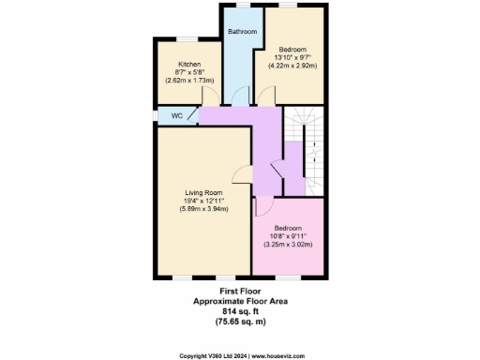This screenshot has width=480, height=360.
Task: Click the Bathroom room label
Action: (x=241, y=32)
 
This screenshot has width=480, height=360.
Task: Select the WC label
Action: (x=176, y=116)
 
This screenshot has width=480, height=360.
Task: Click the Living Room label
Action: (x=202, y=192)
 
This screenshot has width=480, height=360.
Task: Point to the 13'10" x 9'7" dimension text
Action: (x=292, y=57)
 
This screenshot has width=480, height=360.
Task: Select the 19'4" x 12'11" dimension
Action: (x=202, y=201)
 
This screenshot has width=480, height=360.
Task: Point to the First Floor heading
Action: (x=239, y=292)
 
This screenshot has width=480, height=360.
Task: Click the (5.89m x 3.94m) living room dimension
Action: (x=202, y=209)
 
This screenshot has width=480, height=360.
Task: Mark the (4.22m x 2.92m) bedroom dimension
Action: (x=292, y=66)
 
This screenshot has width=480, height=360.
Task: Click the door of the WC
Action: (x=192, y=116)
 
